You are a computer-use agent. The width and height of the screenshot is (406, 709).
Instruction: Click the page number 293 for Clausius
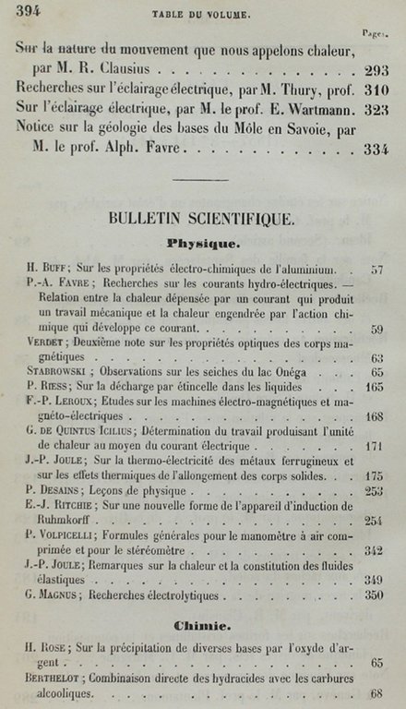click(376, 70)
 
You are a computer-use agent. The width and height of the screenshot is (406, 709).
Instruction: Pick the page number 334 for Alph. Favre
click(376, 149)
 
